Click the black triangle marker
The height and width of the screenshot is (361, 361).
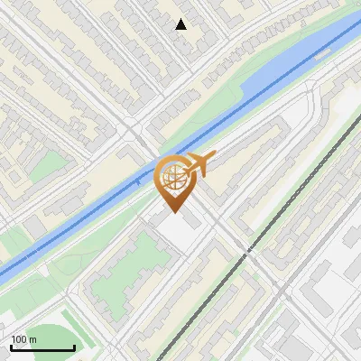[181, 24]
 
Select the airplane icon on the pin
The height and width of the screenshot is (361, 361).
[199, 164]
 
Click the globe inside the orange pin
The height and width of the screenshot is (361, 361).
[175, 178]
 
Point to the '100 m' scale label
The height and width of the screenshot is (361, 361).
[23, 339]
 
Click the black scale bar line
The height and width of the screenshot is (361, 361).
[42, 347]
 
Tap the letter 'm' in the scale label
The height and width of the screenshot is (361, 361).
[32, 339]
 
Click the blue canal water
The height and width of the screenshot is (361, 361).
[271, 81]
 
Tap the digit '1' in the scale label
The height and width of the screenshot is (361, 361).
[14, 339]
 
